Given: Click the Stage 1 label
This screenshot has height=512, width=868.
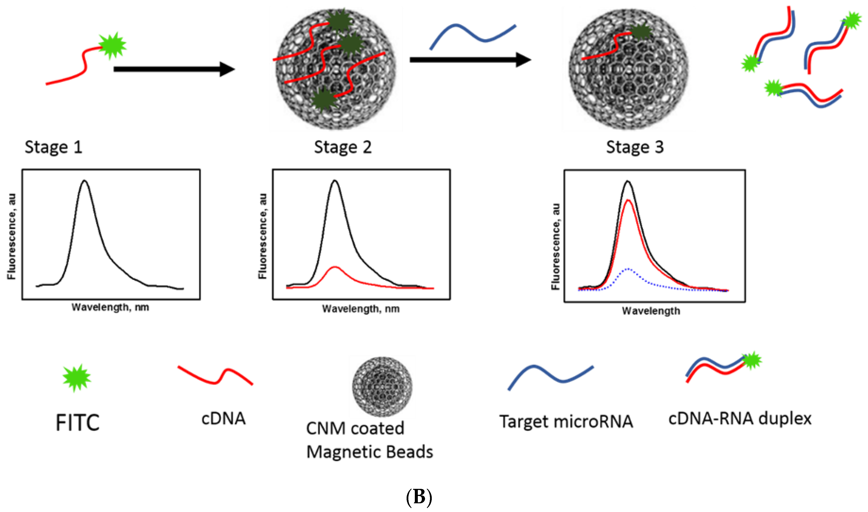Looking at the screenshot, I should tap(54, 147).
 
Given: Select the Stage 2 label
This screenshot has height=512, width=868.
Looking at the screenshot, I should tap(343, 147).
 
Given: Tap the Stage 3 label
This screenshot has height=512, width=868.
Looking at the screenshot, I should tap(635, 147).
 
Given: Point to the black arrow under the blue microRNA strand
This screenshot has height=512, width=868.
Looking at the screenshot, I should tap(470, 60).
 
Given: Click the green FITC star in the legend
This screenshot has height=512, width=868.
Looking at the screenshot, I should tap(77, 378).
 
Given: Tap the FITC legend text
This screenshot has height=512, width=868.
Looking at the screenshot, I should tap(78, 423).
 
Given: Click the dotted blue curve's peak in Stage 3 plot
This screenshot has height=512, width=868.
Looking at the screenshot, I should tap(628, 269).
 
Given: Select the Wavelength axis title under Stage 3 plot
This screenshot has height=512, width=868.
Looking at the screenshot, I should tap(651, 311).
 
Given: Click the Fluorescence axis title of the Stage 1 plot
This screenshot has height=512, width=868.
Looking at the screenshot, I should tap(12, 236).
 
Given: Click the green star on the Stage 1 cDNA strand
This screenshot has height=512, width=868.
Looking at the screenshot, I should tap(112, 46).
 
